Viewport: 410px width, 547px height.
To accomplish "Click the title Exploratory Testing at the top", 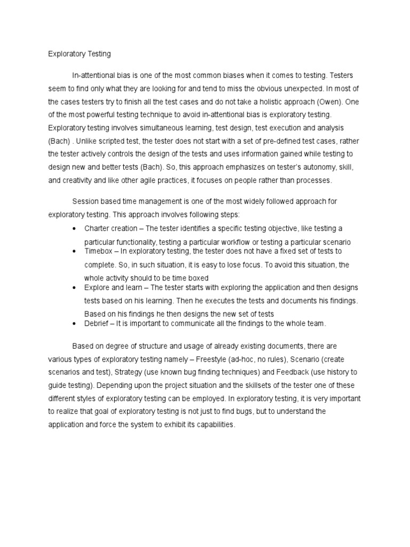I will [79, 54].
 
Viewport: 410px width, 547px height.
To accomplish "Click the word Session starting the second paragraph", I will [85, 201].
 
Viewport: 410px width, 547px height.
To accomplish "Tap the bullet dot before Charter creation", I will [74, 229].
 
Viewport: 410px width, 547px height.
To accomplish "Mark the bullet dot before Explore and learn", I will [74, 288].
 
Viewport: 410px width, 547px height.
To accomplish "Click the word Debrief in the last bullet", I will [97, 324].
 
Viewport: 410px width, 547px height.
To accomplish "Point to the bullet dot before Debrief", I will [74, 324].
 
